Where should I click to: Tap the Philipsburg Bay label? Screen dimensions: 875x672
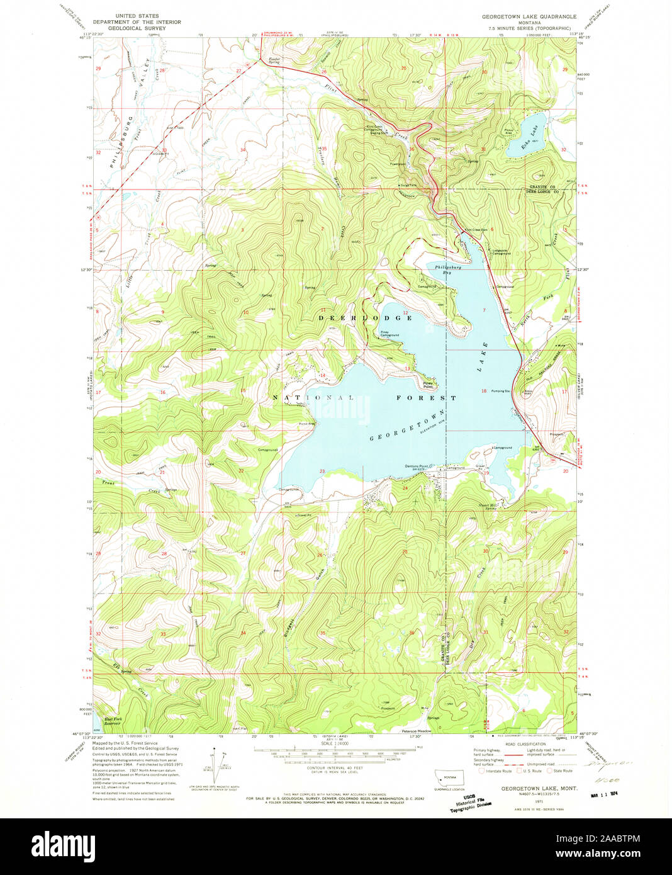click(x=447, y=269)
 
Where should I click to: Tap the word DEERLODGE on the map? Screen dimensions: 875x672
click(x=365, y=318)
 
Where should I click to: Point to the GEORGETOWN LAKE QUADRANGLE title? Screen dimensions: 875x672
click(x=529, y=16)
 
